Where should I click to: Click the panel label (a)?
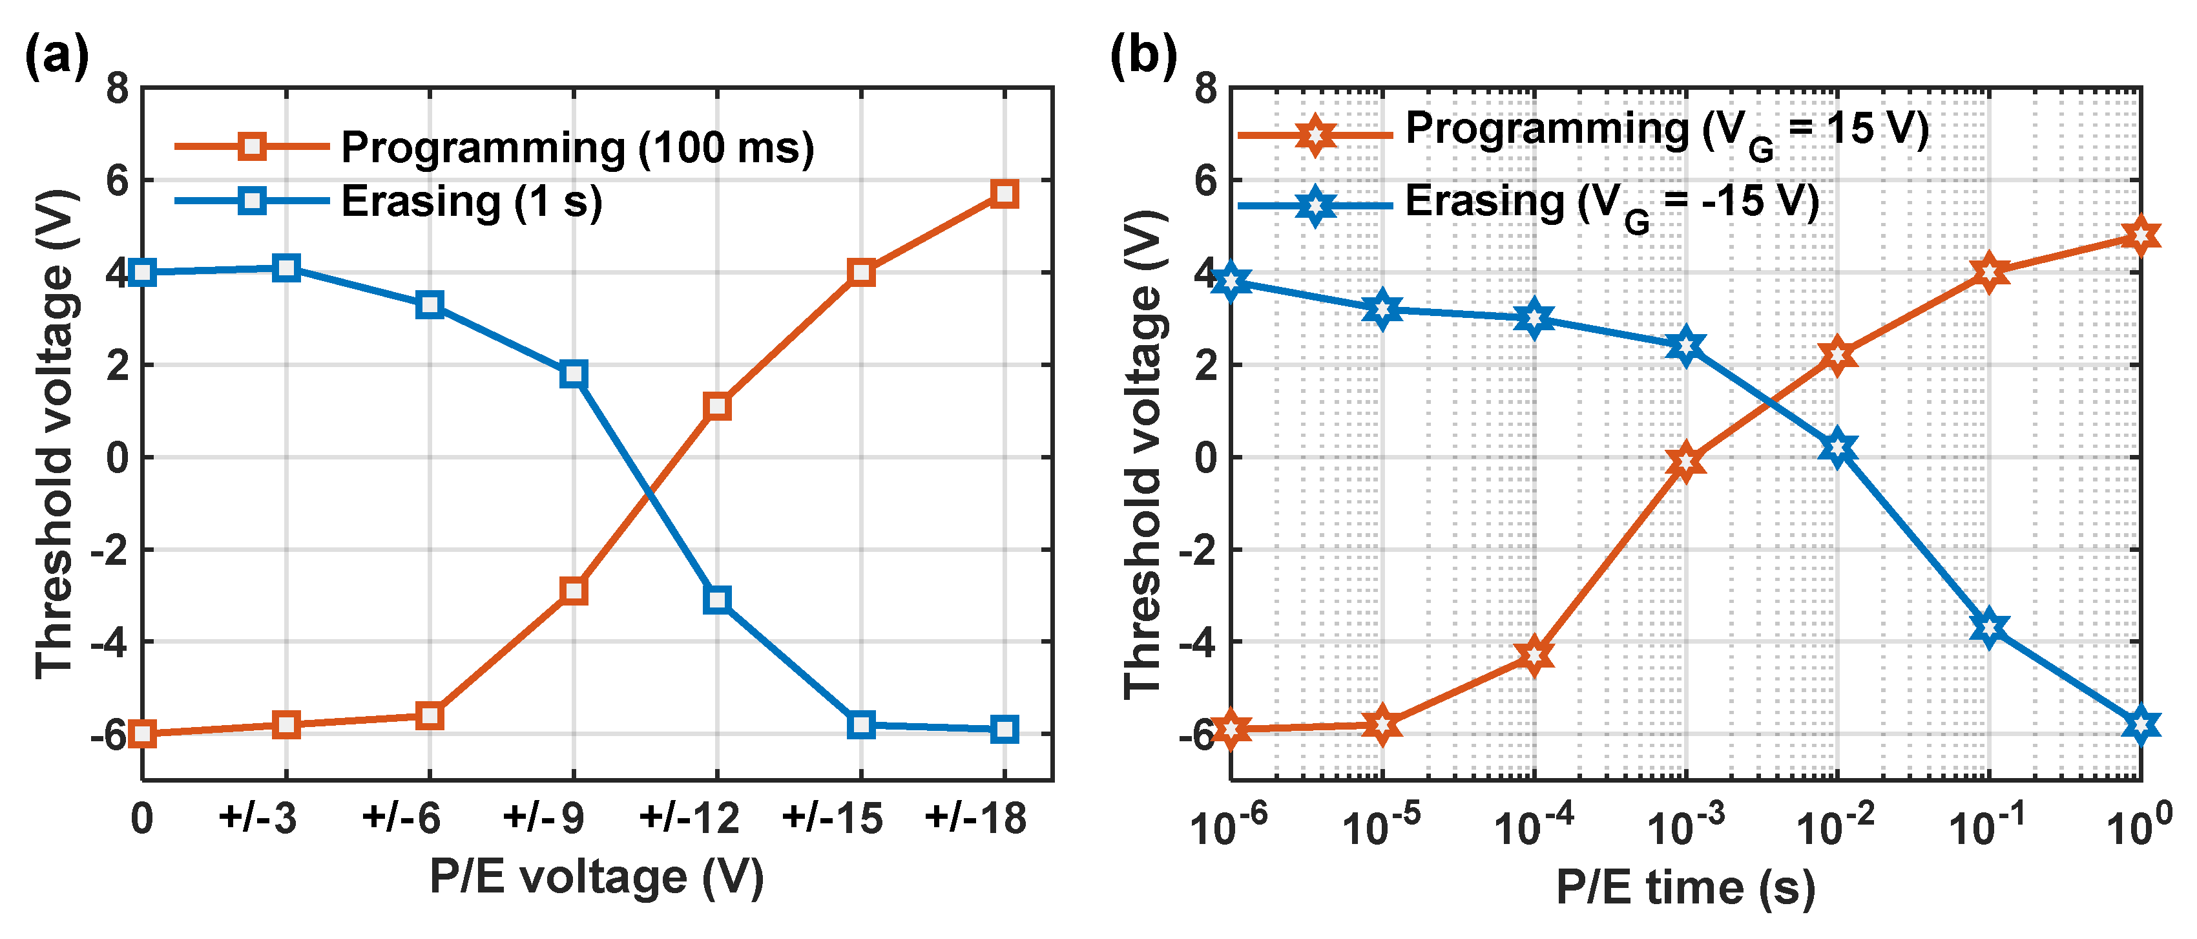56,56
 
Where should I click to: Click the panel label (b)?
1143,56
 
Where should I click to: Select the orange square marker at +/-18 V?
1005,194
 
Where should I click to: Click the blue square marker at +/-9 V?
573,374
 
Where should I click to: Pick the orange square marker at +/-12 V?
717,406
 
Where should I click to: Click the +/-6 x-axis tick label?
401,818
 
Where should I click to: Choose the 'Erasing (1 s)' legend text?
472,202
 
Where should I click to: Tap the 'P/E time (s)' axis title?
1685,887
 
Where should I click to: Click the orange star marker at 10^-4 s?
1534,655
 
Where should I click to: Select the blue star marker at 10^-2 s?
1837,448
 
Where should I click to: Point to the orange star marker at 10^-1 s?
1989,272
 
